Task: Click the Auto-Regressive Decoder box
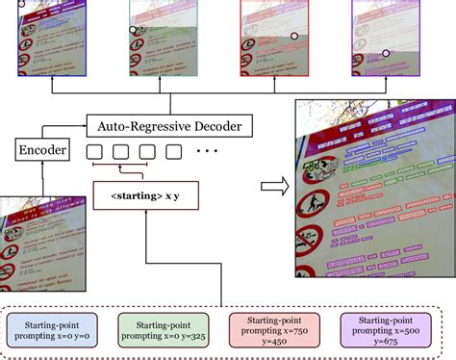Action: pos(169,125)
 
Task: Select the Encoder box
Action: pos(41,150)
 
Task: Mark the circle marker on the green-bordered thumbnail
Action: pos(134,30)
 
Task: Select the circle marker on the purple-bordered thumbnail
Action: pos(385,54)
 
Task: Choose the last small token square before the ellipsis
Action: pos(173,151)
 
